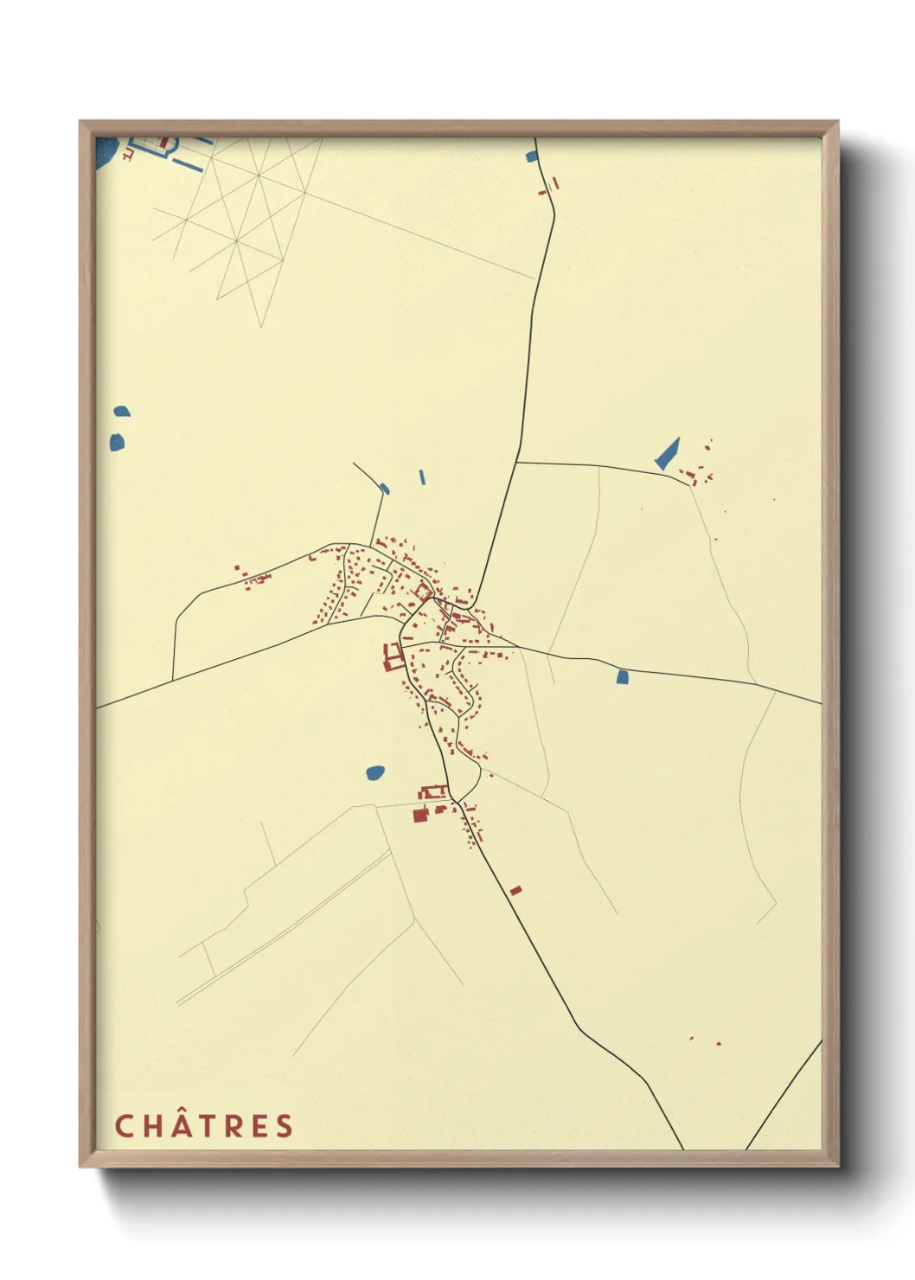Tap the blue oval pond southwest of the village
(x=375, y=772)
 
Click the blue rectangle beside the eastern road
(x=620, y=677)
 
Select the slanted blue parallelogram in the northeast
(x=667, y=454)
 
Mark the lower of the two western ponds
(x=117, y=442)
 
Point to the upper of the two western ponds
(x=122, y=412)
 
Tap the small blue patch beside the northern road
(x=532, y=157)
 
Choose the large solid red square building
(x=420, y=815)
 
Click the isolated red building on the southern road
(x=515, y=889)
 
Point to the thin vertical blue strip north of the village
(x=422, y=477)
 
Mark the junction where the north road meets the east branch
(x=516, y=462)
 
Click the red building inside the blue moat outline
(x=163, y=142)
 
